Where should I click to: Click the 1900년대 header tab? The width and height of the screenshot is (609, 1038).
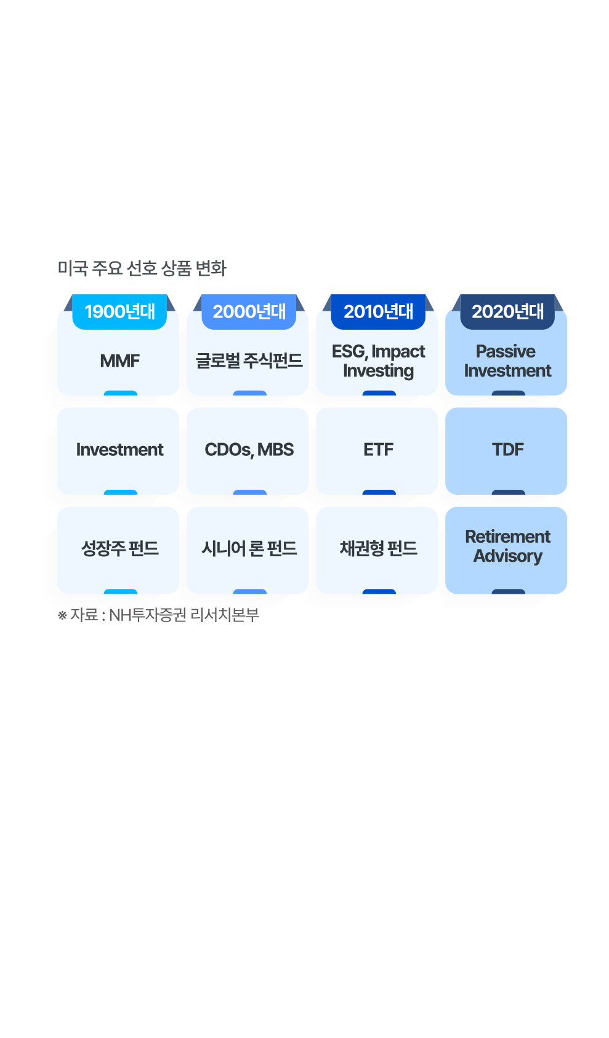119,312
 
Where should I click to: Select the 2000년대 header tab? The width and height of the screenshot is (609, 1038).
249,312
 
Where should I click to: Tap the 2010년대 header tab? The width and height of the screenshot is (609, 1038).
378,312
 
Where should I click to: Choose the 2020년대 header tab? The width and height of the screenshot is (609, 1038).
507,312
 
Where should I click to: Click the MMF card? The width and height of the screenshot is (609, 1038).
119,361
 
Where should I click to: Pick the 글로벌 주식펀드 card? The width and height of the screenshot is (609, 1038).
249,361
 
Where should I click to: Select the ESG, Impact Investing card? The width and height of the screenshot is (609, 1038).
378,361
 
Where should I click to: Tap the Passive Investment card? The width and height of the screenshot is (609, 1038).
507,361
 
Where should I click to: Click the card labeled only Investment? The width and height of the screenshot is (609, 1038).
119,450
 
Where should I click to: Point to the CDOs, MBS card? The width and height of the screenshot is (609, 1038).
249,450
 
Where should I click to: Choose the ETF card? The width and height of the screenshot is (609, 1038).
378,450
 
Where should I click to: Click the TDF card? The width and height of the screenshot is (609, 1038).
507,450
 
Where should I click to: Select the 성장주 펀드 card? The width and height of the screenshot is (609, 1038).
119,548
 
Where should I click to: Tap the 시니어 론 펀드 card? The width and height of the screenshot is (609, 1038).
249,548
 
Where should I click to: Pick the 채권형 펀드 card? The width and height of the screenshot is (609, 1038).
378,548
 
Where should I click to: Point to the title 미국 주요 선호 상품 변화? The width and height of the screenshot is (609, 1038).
142,268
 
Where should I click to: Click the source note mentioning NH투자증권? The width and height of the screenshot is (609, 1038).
159,615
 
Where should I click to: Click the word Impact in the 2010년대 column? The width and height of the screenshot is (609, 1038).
398,351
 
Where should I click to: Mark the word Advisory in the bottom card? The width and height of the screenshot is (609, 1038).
507,556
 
